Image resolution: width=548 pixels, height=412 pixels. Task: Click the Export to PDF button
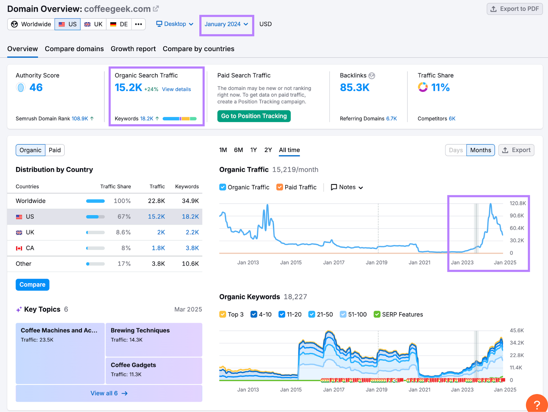(514, 9)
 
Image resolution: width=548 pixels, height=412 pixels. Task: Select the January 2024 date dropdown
(226, 24)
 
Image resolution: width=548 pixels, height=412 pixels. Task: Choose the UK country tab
(94, 24)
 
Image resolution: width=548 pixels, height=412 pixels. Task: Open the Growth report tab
(133, 49)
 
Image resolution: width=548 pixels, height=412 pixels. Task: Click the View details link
(176, 89)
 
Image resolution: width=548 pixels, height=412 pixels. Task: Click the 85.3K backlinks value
(354, 88)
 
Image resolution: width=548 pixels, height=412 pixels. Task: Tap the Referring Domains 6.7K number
(391, 119)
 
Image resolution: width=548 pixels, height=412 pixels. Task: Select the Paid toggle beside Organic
(54, 150)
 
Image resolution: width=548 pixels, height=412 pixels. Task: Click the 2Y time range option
(268, 150)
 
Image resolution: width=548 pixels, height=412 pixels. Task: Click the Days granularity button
(456, 150)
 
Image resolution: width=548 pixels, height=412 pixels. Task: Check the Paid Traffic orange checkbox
(280, 187)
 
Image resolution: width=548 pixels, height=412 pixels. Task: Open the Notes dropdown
(347, 187)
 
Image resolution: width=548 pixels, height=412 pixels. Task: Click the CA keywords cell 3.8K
(192, 248)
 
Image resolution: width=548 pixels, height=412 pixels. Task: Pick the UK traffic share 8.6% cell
(123, 232)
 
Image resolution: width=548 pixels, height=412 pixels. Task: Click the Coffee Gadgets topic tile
(153, 370)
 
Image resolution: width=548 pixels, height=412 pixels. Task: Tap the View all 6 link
(109, 393)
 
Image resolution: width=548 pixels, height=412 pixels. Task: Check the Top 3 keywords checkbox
(223, 314)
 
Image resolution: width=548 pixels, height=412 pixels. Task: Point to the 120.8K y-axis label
(517, 203)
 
